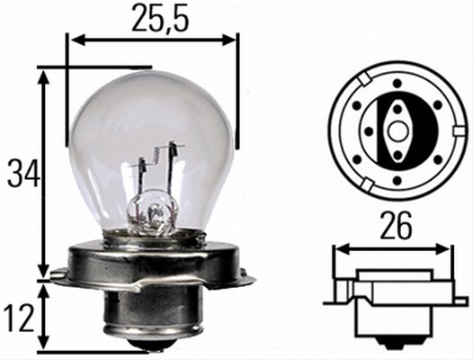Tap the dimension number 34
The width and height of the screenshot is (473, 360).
[24, 173]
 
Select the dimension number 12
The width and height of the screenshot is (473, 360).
[20, 319]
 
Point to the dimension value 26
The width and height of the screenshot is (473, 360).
[396, 225]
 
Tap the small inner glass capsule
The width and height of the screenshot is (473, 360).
[152, 212]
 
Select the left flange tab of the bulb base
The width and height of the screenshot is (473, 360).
[58, 275]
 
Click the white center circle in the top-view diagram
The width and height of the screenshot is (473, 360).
[397, 131]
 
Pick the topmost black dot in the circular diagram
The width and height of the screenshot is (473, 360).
[397, 83]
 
